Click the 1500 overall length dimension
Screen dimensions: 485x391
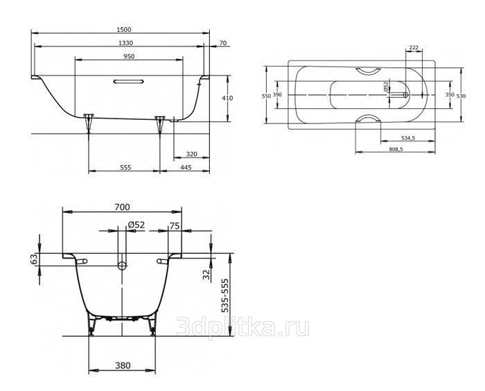coord(124,30)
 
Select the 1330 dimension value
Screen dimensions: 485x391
coord(126,43)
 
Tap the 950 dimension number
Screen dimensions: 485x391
coord(129,56)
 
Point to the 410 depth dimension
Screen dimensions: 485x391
coord(227,98)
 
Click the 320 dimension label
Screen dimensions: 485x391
coord(191,154)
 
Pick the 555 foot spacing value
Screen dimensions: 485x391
coord(125,168)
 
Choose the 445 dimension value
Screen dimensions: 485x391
coord(186,168)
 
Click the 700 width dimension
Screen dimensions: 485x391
coord(122,207)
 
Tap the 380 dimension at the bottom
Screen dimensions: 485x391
coord(123,365)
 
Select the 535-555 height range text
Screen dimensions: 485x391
coord(226,295)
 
